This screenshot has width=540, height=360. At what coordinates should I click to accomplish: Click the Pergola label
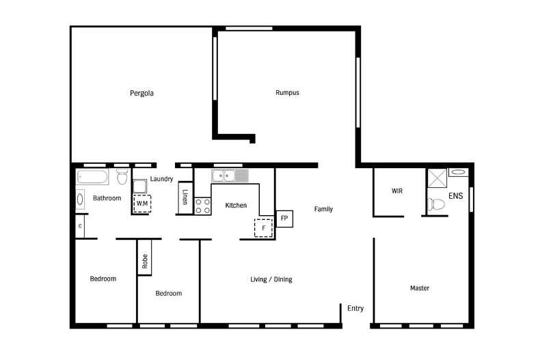pyautogui.click(x=141, y=94)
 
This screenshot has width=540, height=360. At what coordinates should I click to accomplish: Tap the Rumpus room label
pyautogui.click(x=287, y=93)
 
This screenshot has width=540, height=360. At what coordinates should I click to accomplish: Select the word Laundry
pyautogui.click(x=161, y=179)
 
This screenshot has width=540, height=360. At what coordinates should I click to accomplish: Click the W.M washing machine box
pyautogui.click(x=142, y=204)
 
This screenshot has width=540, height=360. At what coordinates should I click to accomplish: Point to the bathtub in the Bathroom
pyautogui.click(x=92, y=177)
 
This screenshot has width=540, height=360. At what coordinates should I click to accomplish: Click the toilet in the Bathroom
pyautogui.click(x=122, y=176)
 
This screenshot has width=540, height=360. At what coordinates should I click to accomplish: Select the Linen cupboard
pyautogui.click(x=185, y=197)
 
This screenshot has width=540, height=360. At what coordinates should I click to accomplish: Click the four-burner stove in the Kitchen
pyautogui.click(x=203, y=206)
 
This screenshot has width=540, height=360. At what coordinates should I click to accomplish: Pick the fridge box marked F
pyautogui.click(x=263, y=228)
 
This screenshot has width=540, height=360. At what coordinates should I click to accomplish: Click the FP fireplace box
pyautogui.click(x=284, y=219)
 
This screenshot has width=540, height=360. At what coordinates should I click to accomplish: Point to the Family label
pyautogui.click(x=323, y=209)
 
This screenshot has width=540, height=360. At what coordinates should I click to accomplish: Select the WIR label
pyautogui.click(x=397, y=191)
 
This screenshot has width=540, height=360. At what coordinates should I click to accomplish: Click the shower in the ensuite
pyautogui.click(x=437, y=178)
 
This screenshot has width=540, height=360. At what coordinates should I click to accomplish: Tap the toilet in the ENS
pyautogui.click(x=435, y=204)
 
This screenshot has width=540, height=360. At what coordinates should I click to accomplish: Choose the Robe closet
pyautogui.click(x=145, y=258)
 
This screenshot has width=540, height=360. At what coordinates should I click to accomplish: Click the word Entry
pyautogui.click(x=355, y=308)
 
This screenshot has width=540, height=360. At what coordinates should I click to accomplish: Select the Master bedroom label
pyautogui.click(x=420, y=288)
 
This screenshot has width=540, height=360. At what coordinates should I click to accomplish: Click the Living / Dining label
pyautogui.click(x=271, y=279)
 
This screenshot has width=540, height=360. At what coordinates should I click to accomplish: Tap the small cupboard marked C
pyautogui.click(x=80, y=226)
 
